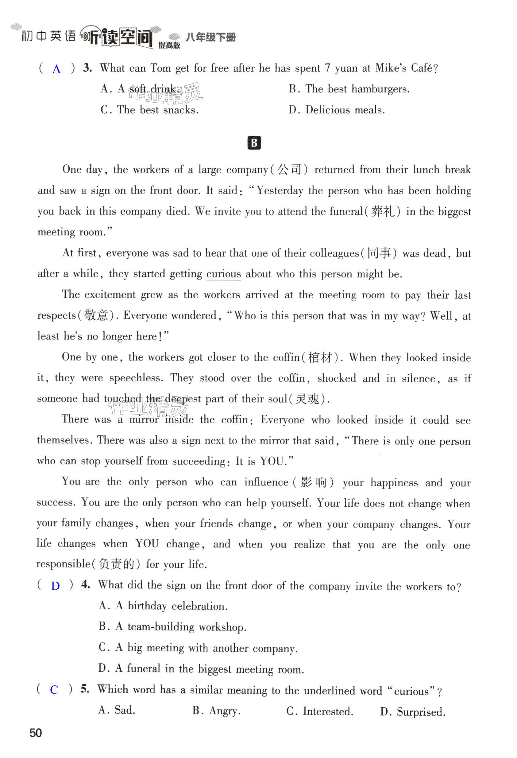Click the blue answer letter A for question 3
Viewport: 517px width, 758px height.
[x=56, y=69]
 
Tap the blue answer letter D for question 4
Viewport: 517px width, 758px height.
[x=55, y=586]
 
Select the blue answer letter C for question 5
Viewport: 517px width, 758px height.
[x=54, y=689]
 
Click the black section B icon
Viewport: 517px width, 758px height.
[x=254, y=143]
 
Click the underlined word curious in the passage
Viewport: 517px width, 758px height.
[x=223, y=274]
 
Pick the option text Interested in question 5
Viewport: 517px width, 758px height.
[x=328, y=711]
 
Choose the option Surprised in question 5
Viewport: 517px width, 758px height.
[x=421, y=712]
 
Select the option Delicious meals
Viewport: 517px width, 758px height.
[x=345, y=110]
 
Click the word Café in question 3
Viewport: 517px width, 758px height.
[x=422, y=68]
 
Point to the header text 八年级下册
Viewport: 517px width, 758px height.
[x=210, y=37]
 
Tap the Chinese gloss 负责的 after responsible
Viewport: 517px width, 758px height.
[x=116, y=564]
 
